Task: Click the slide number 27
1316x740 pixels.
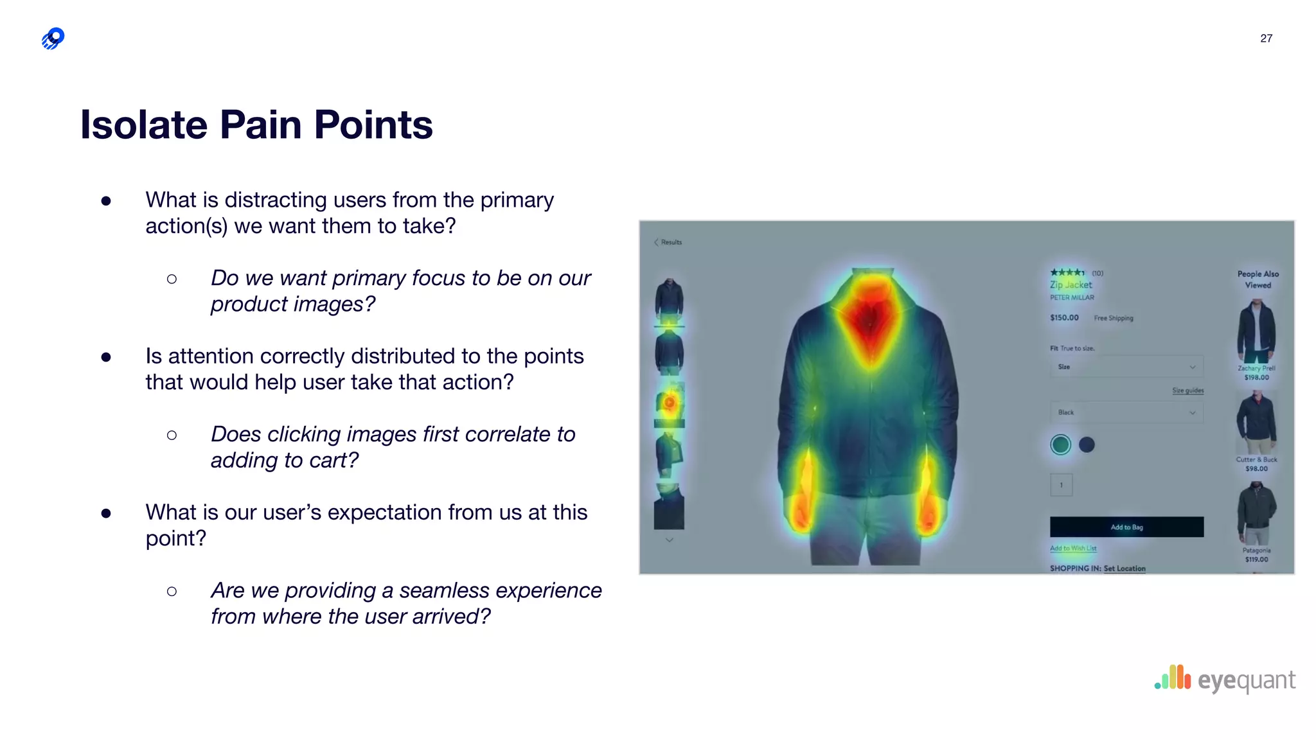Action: coord(1266,39)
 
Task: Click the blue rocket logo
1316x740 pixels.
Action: coord(53,39)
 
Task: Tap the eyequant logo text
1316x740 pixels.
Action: coord(1246,680)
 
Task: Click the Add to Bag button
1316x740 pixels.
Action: coord(1126,527)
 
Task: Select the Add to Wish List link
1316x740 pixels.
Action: coord(1072,549)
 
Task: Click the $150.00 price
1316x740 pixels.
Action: coord(1064,317)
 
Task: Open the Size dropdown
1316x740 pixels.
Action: coord(1126,367)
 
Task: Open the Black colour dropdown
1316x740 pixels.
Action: coord(1126,412)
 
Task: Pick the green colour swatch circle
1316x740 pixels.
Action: coord(1060,445)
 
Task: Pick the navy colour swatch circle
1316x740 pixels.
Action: coord(1087,445)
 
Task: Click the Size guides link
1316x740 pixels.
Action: coord(1187,391)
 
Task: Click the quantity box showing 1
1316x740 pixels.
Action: coord(1061,485)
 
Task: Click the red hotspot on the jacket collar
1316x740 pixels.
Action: coord(870,318)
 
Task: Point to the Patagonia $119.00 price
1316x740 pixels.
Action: coord(1256,559)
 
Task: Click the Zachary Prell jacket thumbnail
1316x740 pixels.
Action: coord(1256,331)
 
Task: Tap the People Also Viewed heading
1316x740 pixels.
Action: coord(1258,279)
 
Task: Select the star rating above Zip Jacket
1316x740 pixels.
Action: coord(1067,273)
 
